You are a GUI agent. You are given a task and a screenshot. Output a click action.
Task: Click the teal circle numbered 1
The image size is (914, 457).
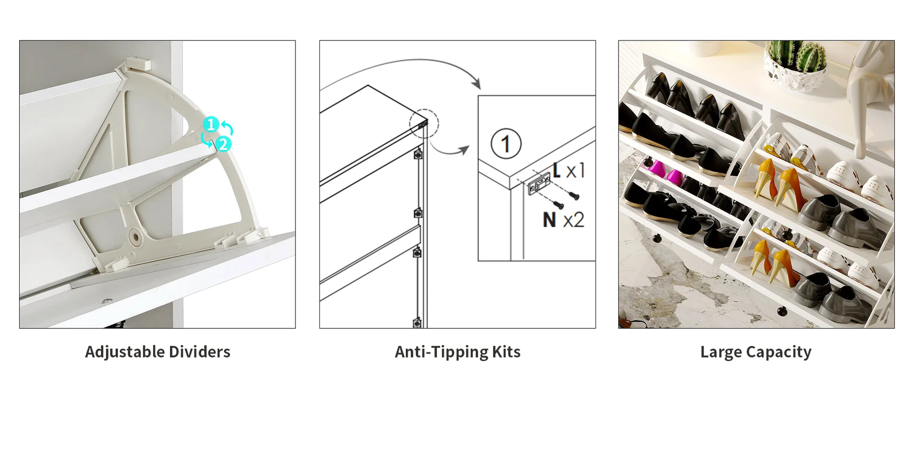coord(211,124)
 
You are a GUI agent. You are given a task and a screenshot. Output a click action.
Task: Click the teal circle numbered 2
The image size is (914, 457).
coord(223,144)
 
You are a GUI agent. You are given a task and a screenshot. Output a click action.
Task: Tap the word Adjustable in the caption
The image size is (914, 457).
coord(124,352)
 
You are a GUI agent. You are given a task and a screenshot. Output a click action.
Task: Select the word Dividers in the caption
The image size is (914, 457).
coord(200,352)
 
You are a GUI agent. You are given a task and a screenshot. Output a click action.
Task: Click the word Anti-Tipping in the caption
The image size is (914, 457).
coord(442,352)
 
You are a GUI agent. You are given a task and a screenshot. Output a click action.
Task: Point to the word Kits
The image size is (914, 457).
coord(506,352)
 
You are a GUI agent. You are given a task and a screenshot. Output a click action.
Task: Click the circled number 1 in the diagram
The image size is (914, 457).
coord(506,144)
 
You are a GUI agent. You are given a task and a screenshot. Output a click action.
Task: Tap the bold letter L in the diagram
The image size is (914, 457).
coord(557,170)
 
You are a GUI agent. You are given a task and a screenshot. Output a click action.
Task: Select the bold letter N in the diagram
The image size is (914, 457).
coord(549,220)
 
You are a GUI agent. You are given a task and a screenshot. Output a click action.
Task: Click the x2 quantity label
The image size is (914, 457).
coord(573,220)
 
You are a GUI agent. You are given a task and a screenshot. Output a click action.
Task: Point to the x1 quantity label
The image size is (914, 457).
coord(575,170)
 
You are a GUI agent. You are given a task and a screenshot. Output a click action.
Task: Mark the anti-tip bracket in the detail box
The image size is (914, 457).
coord(539,183)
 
